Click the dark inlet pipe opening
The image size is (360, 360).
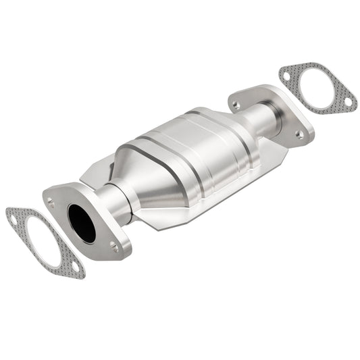pyautogui.click(x=82, y=222)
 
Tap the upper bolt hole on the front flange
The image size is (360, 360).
pyautogui.click(x=51, y=201)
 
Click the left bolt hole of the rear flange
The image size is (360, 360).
pyautogui.click(x=236, y=105)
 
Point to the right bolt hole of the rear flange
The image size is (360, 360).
pyautogui.click(x=299, y=134)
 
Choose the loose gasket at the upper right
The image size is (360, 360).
pyautogui.click(x=317, y=88)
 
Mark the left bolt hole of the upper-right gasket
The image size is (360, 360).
pyautogui.click(x=287, y=75)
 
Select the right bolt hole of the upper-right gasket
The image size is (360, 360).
pyautogui.click(x=348, y=102)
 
